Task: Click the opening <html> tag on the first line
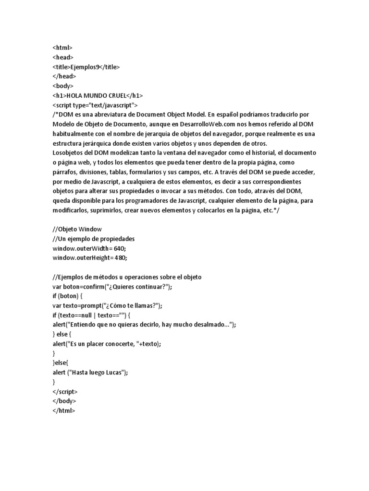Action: (62, 47)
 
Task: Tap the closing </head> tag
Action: (64, 76)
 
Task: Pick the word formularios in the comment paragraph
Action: (145, 172)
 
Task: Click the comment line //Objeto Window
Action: (77, 229)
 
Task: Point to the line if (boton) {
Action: (68, 296)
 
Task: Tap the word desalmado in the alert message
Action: (210, 325)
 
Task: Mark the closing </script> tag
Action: (65, 391)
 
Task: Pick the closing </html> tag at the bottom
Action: (64, 410)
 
